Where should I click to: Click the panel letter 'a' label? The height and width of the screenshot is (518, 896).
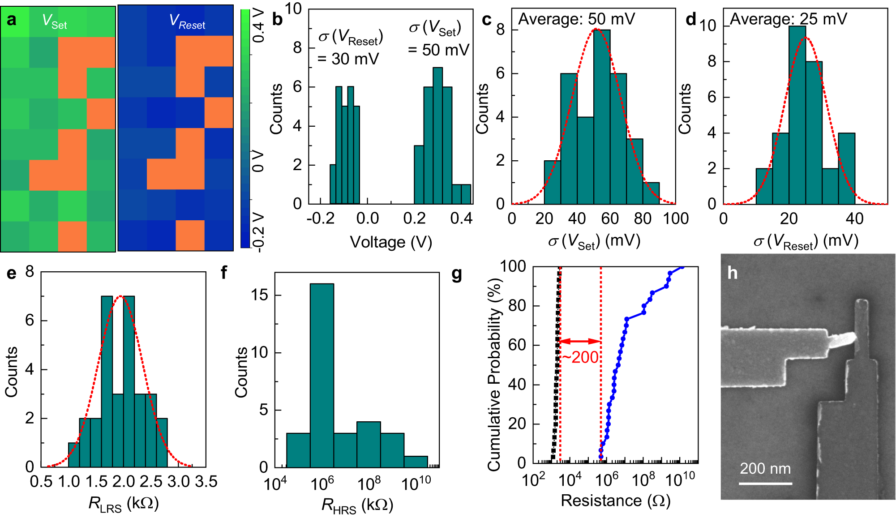12,20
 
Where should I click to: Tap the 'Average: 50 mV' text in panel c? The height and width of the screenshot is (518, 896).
576,19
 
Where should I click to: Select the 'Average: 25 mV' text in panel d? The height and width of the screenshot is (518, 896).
788,19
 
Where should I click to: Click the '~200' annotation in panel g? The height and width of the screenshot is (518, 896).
580,357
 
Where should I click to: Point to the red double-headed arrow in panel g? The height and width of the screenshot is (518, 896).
580,341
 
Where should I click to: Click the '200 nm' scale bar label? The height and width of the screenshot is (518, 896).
765,468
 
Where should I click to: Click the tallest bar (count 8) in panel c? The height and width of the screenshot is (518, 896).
602,117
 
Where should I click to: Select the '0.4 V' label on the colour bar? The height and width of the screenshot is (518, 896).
258,26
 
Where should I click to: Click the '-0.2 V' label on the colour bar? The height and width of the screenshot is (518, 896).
258,232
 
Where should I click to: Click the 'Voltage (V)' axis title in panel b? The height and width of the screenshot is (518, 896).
390,242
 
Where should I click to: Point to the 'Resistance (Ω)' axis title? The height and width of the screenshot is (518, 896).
615,501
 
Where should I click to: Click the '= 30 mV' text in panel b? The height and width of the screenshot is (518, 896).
348,59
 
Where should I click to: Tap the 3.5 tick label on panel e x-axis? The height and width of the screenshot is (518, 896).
206,482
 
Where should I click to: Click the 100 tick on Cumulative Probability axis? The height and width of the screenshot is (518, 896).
513,266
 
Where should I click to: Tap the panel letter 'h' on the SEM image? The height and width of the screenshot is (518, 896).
732,273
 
